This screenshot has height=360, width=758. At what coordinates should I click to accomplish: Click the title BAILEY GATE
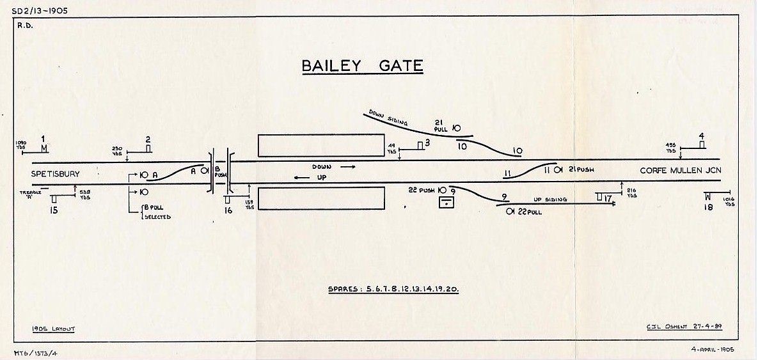[362, 66]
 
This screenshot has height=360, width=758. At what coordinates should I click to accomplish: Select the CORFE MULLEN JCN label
[679, 171]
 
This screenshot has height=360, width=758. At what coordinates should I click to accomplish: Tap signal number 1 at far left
[43, 139]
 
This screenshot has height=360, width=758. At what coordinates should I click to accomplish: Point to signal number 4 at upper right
[702, 136]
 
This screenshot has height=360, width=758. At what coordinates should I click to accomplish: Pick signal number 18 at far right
[708, 207]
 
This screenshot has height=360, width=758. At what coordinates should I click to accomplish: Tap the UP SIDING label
[551, 200]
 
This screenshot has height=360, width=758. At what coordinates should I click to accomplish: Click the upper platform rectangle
[320, 145]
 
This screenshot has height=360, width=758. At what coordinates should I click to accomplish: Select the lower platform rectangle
[320, 198]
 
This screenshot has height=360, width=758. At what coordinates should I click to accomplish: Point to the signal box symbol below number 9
[447, 203]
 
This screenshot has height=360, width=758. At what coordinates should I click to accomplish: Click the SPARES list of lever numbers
[393, 289]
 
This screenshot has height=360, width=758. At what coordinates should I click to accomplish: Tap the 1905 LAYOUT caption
[54, 329]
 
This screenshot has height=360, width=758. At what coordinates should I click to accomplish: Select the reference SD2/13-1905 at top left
[39, 10]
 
